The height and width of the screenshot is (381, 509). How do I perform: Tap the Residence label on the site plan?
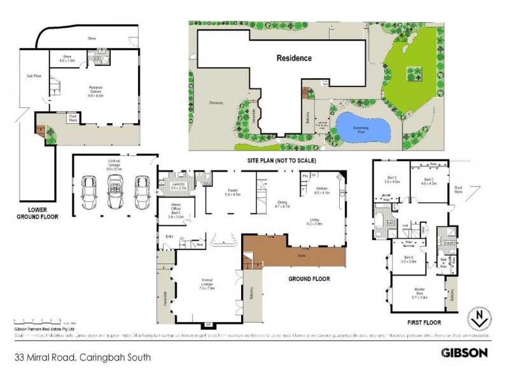[294, 58]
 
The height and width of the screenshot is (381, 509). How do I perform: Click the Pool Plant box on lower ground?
[72, 117]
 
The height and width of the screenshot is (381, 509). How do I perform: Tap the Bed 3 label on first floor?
[392, 180]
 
